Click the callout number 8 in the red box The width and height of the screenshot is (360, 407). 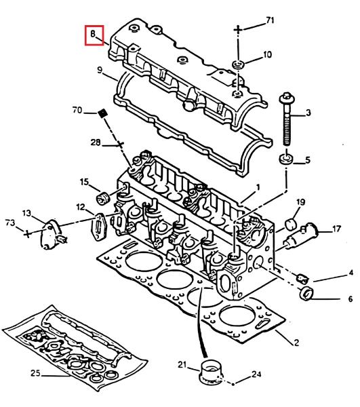[93, 33]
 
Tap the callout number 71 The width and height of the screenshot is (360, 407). [270, 20]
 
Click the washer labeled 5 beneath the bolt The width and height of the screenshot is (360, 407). [286, 159]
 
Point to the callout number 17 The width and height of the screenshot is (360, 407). [336, 229]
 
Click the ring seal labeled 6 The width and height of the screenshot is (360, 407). [306, 293]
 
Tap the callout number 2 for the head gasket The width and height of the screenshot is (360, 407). [296, 343]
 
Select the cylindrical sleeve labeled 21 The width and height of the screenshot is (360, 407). [211, 370]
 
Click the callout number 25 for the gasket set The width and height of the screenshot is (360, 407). [36, 373]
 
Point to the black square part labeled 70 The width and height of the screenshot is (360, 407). [102, 113]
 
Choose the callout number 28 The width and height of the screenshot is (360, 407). [96, 142]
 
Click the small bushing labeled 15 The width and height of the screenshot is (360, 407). [103, 199]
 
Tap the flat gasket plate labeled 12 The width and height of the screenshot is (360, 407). [98, 227]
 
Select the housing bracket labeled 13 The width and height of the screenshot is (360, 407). [52, 235]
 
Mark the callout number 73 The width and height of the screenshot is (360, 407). [10, 223]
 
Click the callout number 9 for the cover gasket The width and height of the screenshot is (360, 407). [100, 70]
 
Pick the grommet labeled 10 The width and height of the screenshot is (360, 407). [238, 64]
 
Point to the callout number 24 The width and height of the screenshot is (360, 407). [256, 374]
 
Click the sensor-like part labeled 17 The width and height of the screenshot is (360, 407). [301, 235]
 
